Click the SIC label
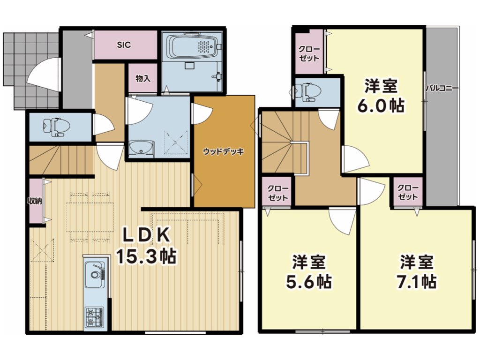click(124, 45)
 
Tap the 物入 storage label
click(143, 78)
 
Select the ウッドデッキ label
click(224, 151)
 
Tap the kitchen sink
click(95, 274)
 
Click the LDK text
click(146, 235)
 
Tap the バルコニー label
click(442, 89)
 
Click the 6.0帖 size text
click(381, 105)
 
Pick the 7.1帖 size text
click(416, 282)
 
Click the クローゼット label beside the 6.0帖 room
click(309, 53)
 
